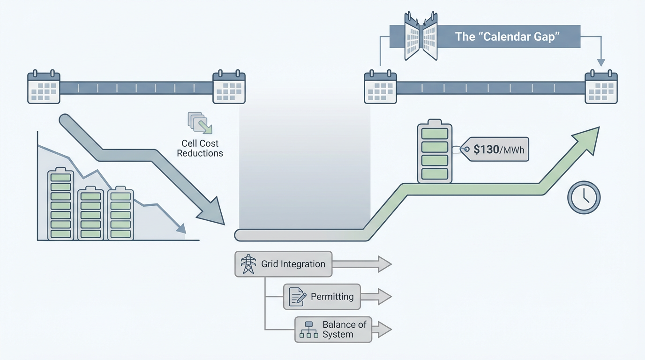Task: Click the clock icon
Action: [584, 198]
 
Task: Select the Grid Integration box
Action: [283, 264]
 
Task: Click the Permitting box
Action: [322, 297]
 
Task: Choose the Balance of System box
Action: [333, 329]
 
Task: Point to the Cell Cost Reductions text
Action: [200, 148]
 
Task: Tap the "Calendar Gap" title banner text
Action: [508, 37]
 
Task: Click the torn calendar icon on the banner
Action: [420, 36]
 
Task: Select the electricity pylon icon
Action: [248, 264]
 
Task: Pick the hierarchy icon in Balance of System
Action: [309, 330]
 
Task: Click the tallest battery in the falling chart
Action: [60, 204]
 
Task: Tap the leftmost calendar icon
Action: [44, 87]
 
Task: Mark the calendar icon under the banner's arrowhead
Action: [601, 87]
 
